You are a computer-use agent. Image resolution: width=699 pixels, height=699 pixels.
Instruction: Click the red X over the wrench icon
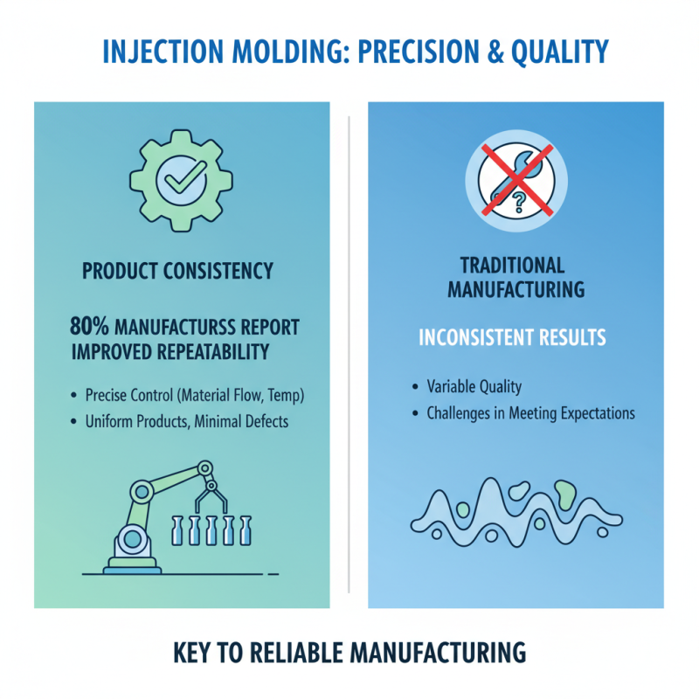point(516,182)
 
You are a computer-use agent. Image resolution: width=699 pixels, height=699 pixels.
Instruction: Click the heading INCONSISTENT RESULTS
point(512,337)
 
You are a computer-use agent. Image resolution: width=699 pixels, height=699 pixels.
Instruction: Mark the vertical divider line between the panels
point(349,349)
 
